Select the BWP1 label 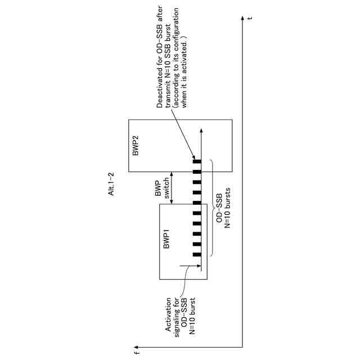click(x=167, y=239)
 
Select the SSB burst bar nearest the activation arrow click(x=197, y=255)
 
